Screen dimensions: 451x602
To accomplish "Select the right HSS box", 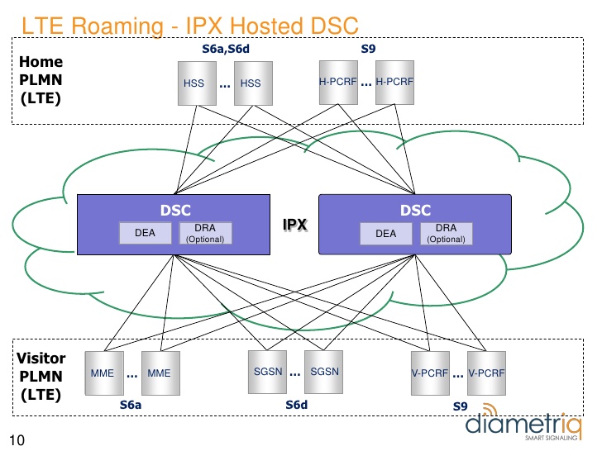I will (251, 83).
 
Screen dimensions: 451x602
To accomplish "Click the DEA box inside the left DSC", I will (146, 234).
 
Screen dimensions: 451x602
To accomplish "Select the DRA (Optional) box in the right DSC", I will (446, 234).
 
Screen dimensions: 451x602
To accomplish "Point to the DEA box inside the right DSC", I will (386, 234).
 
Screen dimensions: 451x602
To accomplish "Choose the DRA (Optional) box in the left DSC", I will (205, 234).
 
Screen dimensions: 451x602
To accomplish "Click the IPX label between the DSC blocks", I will (295, 225).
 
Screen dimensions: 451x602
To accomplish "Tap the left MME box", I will (103, 373).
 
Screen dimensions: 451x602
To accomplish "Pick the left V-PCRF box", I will (430, 373).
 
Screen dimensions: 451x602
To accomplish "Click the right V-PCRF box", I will (485, 373).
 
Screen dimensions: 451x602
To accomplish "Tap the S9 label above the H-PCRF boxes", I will (369, 50).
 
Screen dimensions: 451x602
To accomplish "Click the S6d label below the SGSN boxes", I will (296, 405).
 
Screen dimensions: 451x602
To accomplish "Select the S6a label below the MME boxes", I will (131, 405).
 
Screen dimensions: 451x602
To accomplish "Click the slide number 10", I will (16, 439).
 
